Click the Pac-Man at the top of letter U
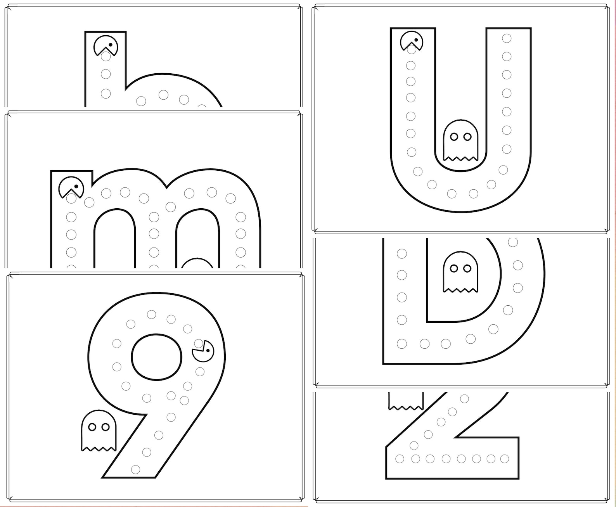[x=412, y=41]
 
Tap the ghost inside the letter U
[x=460, y=140]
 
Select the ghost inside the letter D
[x=460, y=272]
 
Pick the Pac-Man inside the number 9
[x=203, y=351]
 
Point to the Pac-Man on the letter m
[x=71, y=187]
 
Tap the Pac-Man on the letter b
[x=106, y=45]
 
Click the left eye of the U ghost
[x=453, y=137]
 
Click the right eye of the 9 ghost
[x=105, y=427]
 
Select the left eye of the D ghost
[x=453, y=268]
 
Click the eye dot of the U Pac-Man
[x=416, y=40]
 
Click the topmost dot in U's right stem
[x=507, y=38]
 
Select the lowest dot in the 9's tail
[x=135, y=470]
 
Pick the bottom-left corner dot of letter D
[x=402, y=344]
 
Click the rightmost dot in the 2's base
[x=504, y=459]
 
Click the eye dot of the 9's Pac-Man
[x=209, y=351]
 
